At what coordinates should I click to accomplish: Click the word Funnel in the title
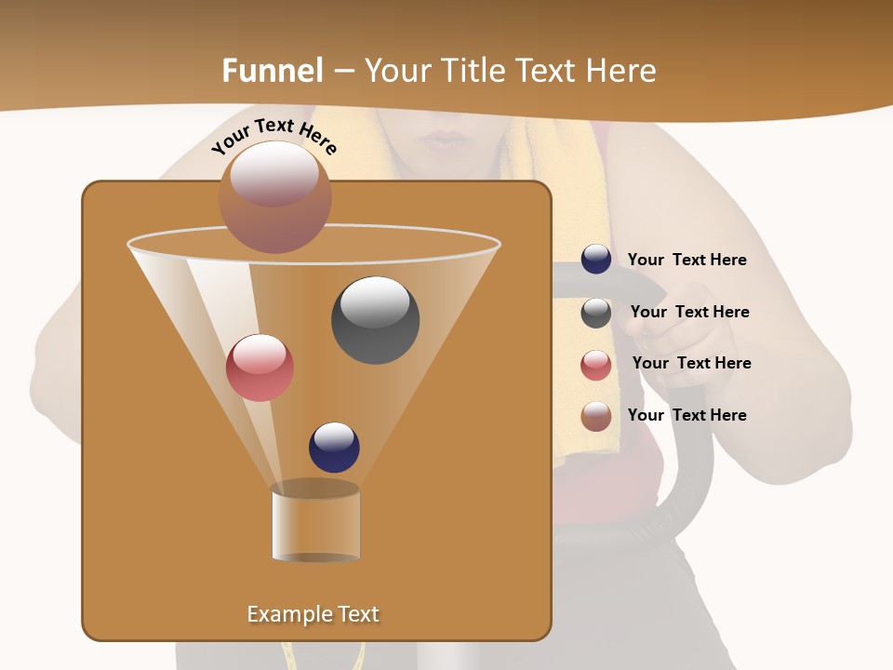click(273, 71)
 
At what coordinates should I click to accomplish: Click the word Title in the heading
click(475, 71)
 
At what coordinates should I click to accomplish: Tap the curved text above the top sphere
click(274, 135)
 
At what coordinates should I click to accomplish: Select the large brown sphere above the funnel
click(274, 197)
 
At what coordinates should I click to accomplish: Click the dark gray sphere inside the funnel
click(375, 320)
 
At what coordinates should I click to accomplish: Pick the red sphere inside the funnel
click(260, 368)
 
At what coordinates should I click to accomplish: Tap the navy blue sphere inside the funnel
click(334, 447)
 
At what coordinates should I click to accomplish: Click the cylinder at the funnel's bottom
click(316, 526)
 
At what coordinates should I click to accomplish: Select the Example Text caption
click(313, 614)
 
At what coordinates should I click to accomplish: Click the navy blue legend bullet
click(596, 260)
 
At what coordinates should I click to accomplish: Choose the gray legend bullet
click(596, 313)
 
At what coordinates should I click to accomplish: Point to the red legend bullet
click(596, 365)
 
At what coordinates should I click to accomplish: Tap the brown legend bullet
click(596, 416)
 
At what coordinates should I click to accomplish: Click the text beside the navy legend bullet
click(686, 260)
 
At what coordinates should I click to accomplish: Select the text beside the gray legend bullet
click(689, 312)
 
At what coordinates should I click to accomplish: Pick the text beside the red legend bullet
click(691, 363)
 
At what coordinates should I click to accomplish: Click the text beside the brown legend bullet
click(686, 415)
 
